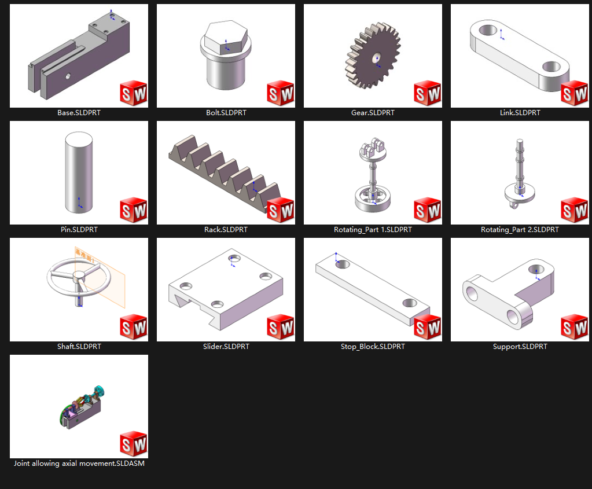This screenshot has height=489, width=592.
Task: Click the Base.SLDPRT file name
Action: coord(79,113)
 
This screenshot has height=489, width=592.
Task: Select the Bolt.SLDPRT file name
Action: coord(226,113)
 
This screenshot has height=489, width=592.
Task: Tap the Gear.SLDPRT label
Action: coord(373,113)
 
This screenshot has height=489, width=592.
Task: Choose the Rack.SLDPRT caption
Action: coord(226,230)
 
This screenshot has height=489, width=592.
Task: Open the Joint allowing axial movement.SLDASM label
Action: coord(79,464)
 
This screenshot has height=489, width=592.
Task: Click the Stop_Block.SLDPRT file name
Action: coord(373,347)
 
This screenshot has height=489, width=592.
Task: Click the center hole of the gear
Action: coord(376,58)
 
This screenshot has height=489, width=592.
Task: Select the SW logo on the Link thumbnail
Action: coord(574,93)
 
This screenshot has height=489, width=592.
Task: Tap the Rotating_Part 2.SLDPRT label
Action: coord(520,230)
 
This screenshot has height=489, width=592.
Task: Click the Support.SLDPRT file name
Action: coord(520,347)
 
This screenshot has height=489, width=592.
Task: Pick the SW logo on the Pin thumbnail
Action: coord(133,210)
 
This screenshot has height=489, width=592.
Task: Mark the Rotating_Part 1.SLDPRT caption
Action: coord(373,230)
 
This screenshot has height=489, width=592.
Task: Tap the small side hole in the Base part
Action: coord(68,76)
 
